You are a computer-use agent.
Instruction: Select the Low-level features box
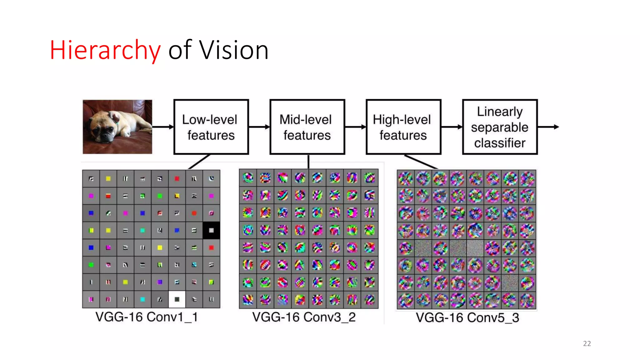pos(211,127)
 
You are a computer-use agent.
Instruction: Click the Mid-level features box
pos(307,127)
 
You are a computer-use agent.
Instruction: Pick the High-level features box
pos(403,127)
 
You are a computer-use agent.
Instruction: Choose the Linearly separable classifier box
pos(500,127)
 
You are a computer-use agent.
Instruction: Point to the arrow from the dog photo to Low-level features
pos(163,127)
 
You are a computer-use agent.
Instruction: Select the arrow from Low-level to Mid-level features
pos(259,127)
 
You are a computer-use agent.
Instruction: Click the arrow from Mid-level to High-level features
pos(355,127)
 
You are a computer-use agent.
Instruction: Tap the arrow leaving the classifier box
pos(548,127)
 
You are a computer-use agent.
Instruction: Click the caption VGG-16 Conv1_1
pos(147,317)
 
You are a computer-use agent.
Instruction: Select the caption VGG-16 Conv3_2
pos(304,317)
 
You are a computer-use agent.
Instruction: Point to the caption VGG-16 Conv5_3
pos(467,317)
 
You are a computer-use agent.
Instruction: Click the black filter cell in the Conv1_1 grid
pos(211,230)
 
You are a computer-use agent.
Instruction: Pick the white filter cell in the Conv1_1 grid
pos(177,299)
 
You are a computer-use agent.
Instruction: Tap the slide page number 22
pos(587,343)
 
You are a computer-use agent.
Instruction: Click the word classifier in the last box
pos(500,143)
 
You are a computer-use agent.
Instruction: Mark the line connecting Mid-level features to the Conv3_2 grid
pos(308,162)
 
